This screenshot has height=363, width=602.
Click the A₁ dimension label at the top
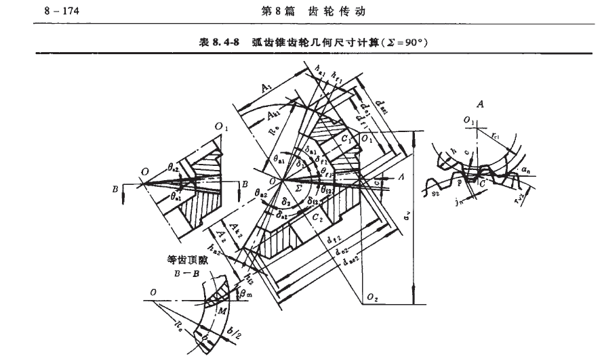pyautogui.click(x=267, y=87)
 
